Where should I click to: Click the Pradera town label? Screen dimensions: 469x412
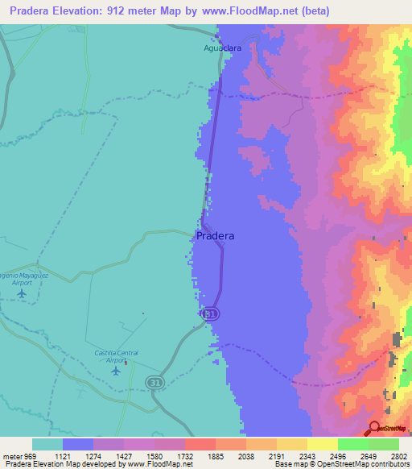216,236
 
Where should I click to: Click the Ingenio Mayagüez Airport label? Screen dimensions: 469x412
19,278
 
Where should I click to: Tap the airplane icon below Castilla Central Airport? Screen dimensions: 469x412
117,371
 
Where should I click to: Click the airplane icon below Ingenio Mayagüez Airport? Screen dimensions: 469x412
21,293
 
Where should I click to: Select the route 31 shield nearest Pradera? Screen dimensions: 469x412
211,313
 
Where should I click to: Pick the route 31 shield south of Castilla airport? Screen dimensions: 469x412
155,380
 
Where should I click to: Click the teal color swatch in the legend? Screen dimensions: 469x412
47,444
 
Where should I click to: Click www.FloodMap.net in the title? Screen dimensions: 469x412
252,11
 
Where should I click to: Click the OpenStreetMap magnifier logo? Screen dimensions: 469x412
376,427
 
